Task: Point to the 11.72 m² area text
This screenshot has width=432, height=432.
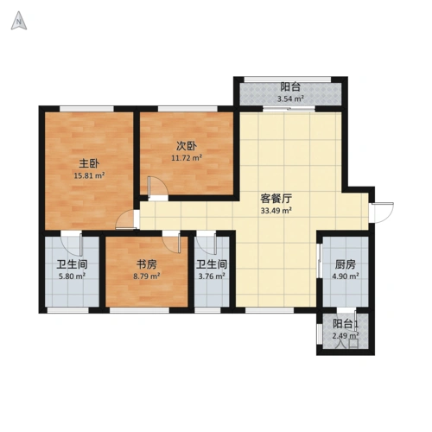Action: (185, 158)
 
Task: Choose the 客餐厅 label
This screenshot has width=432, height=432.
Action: (275, 196)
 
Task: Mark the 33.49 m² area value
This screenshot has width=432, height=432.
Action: (276, 210)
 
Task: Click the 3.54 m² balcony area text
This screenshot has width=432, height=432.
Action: (290, 99)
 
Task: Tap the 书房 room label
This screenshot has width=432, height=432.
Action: (145, 264)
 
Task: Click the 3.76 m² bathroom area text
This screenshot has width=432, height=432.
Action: (211, 277)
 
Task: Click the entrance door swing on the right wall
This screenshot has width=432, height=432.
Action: (381, 209)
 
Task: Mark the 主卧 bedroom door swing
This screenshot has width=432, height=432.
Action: (128, 220)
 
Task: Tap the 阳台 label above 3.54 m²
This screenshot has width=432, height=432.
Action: (290, 86)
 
